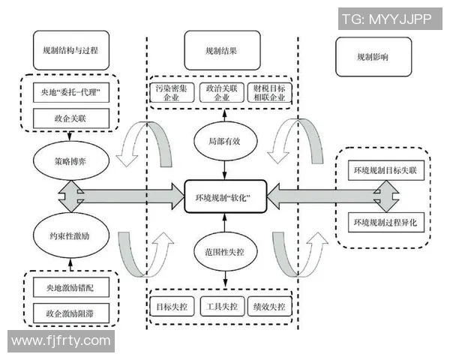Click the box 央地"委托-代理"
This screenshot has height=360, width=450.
71,93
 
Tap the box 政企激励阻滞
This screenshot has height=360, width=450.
71,310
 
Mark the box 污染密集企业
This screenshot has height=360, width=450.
172,93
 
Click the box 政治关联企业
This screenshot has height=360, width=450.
223,93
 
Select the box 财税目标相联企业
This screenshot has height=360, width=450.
272,93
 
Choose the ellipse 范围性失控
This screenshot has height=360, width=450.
223,250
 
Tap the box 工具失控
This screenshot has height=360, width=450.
223,307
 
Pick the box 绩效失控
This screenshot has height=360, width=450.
271,307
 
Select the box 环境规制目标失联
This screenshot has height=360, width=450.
388,171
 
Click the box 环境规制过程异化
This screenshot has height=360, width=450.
388,222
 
